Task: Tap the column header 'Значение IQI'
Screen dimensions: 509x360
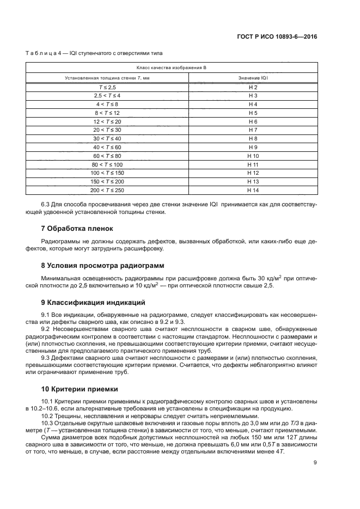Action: (252, 78)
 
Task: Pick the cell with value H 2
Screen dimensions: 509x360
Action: (252, 87)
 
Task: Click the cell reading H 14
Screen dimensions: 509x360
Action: (252, 190)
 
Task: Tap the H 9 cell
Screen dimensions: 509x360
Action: (252, 147)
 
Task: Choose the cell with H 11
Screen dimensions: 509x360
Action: (252, 164)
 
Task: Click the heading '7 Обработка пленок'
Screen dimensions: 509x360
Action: (75, 228)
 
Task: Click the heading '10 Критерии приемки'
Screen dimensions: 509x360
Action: (76, 389)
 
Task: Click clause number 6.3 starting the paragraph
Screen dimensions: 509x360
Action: (47, 204)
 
